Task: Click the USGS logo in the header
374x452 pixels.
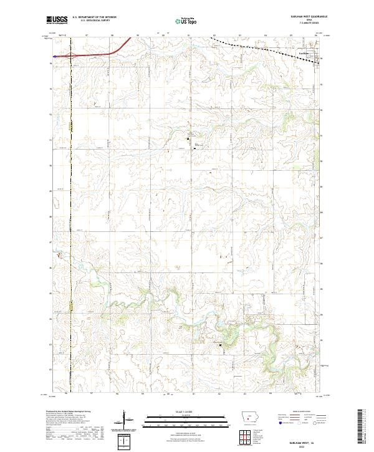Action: click(x=57, y=20)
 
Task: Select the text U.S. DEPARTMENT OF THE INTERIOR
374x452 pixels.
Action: click(x=93, y=17)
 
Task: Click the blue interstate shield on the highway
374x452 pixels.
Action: click(x=55, y=56)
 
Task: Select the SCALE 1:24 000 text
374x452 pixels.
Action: click(x=186, y=411)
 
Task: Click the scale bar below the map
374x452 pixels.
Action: click(x=186, y=417)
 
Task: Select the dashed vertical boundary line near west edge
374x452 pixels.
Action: click(x=71, y=187)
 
